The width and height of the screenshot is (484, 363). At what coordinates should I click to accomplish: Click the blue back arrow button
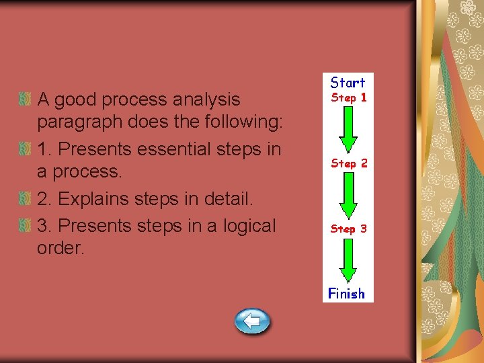252,321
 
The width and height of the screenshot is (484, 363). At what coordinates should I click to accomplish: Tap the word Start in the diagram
348,83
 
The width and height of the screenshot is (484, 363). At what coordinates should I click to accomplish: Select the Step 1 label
348,97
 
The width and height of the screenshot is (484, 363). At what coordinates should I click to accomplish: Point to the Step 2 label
348,163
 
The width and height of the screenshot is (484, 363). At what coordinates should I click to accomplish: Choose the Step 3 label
348,229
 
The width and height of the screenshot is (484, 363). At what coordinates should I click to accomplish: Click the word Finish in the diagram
347,293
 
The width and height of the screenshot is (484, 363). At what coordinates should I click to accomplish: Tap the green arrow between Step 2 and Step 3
348,196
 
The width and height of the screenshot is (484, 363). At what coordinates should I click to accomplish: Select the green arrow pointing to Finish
348,261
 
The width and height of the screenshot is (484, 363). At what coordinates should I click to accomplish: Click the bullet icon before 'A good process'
26,99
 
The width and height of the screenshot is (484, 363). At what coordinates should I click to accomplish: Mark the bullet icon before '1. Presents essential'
26,149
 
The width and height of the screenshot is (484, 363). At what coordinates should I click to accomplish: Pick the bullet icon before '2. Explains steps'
26,199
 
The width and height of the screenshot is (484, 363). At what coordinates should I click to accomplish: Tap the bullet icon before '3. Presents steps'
26,226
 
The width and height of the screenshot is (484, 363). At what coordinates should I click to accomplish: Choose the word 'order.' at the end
61,248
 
